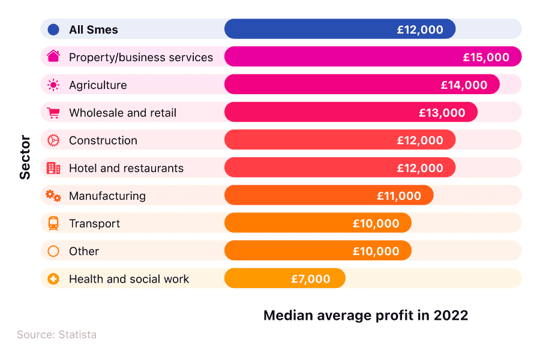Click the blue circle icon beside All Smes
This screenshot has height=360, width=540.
[53, 29]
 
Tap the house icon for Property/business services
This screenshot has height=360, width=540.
[53, 57]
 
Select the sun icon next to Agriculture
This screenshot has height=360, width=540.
[53, 85]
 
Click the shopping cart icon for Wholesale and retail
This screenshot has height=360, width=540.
[53, 113]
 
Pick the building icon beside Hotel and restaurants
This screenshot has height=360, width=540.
[53, 168]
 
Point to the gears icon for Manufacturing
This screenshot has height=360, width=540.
[53, 196]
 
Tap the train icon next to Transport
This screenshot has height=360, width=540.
[53, 223]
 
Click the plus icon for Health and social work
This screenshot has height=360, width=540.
[53, 279]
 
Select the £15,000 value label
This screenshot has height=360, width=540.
[486, 58]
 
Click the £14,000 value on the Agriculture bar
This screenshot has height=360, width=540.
[464, 85]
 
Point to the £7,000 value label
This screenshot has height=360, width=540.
[311, 279]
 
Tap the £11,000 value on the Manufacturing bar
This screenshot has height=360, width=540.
[399, 196]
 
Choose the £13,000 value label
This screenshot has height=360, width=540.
[442, 113]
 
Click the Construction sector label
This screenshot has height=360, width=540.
[103, 140]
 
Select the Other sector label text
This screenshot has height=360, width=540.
[84, 251]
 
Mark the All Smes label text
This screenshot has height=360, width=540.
[94, 29]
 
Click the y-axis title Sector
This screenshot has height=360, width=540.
[25, 157]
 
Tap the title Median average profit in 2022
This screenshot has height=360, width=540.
[365, 316]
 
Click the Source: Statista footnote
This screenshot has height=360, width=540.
[56, 335]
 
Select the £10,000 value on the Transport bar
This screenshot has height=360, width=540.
[376, 224]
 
